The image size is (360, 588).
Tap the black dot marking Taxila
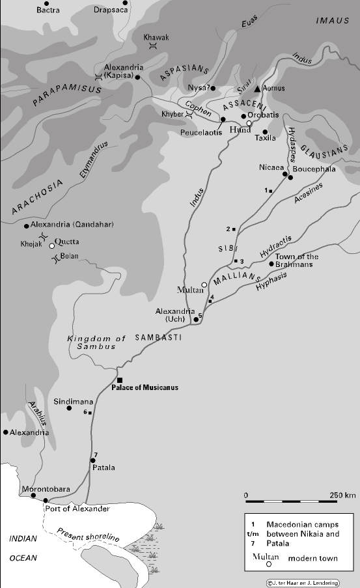pyautogui.click(x=265, y=132)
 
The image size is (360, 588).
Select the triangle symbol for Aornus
pyautogui.click(x=258, y=88)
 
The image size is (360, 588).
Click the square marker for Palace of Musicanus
pyautogui.click(x=120, y=380)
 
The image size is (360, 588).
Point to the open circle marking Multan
pyautogui.click(x=204, y=285)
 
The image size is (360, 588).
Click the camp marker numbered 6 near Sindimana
pyautogui.click(x=90, y=413)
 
